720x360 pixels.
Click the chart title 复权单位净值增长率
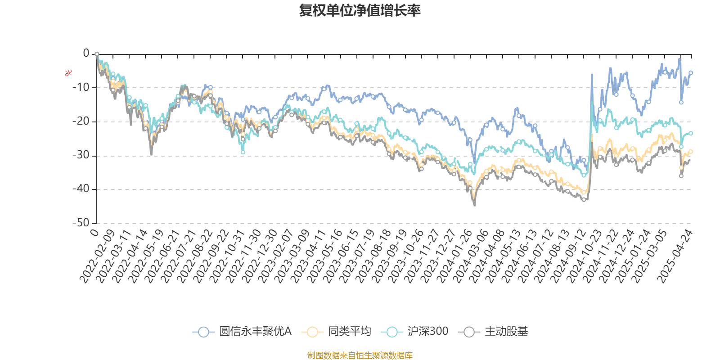pos(360,10)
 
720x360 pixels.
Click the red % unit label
pos(68,73)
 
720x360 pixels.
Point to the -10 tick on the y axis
pos(81,87)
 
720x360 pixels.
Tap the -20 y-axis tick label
pos(81,121)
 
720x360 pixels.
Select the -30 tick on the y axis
pos(81,155)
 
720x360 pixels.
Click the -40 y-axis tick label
pos(81,189)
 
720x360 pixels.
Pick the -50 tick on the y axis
pos(81,223)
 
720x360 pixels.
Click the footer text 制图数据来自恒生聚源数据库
pos(360,355)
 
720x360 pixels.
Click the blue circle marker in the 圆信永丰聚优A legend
pos(203,332)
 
